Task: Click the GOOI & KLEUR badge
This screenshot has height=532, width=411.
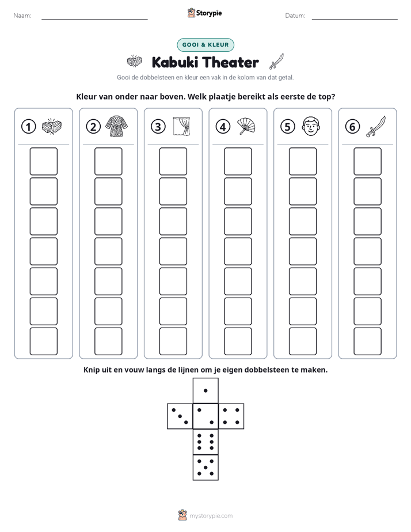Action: coord(205,45)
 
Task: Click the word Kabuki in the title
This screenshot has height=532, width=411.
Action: coord(176,62)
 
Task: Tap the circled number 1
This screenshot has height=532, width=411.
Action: coord(28,127)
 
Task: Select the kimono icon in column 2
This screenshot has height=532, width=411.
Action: coord(117,126)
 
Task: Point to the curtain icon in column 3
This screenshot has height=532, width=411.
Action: coord(181,126)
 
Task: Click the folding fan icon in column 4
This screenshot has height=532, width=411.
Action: coord(246,126)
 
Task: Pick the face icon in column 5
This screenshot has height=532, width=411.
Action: coord(311,126)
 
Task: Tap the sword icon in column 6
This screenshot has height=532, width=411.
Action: coord(376,126)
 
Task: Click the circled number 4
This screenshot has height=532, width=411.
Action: coord(223,127)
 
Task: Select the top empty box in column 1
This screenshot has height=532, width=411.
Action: coord(44,161)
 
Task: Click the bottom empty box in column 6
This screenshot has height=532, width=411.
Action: coord(368,341)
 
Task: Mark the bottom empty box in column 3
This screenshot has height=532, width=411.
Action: coord(173,341)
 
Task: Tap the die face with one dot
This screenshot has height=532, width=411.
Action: coord(205,390)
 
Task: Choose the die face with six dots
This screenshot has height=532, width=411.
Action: coord(205,442)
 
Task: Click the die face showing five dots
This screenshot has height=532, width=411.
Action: coord(205,468)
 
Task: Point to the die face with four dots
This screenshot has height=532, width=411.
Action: coord(231,416)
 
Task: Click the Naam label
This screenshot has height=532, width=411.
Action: coord(22,16)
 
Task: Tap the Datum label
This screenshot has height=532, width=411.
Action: coord(295,16)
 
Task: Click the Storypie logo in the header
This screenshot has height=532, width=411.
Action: coord(204,13)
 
